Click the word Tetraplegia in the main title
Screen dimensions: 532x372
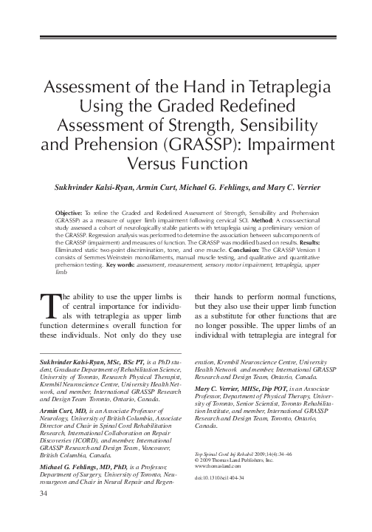click(x=280, y=83)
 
